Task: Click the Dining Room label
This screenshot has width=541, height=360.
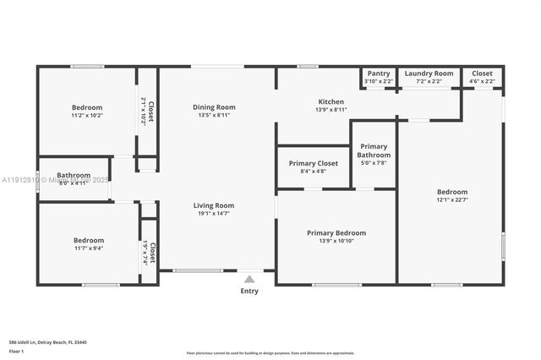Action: tap(214, 107)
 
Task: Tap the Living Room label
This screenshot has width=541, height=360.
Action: tap(214, 205)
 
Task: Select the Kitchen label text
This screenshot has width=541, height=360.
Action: tap(331, 101)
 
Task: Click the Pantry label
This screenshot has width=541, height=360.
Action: tap(379, 74)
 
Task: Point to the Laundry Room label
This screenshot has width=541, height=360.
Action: tap(429, 74)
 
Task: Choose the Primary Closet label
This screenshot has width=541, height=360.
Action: tap(313, 163)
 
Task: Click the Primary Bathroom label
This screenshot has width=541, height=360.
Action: tap(374, 150)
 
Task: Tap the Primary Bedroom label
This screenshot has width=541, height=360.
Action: tap(336, 233)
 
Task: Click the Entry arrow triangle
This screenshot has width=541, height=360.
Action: tap(249, 278)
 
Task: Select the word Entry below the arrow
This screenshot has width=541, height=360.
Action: tap(249, 292)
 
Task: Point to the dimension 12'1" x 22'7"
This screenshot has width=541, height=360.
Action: tap(451, 200)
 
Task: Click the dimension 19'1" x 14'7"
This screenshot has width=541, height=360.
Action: tap(214, 214)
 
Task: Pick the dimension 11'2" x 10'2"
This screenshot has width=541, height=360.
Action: tap(87, 116)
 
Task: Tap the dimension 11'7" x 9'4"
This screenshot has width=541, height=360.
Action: tap(89, 248)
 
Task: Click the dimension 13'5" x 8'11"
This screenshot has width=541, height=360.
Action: tap(214, 116)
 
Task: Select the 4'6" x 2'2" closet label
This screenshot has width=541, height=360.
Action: tap(482, 81)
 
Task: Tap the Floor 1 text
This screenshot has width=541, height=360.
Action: tap(17, 351)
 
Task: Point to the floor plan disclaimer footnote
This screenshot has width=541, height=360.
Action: tap(270, 352)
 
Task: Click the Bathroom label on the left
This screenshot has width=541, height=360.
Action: tap(74, 175)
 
